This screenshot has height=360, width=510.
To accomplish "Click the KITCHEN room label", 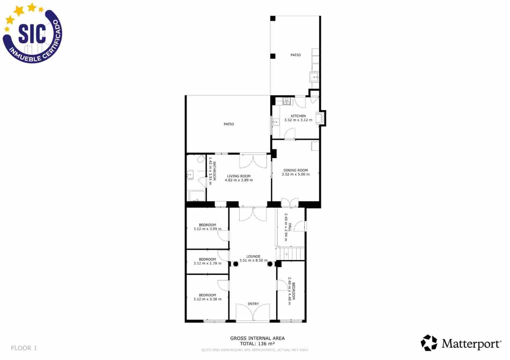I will click(x=298, y=116).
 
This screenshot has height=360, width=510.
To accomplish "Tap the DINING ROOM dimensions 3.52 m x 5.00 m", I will click(x=295, y=174).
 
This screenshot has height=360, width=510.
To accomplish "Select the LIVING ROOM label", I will click(x=239, y=176).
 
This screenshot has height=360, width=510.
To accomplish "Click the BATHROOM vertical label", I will click(x=215, y=171).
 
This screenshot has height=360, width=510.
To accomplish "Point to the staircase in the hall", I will click(x=290, y=254).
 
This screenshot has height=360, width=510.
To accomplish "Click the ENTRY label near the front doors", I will click(x=253, y=304).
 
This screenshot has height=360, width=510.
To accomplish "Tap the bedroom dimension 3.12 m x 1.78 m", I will click(x=207, y=263).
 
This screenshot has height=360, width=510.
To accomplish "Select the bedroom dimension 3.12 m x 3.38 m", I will click(x=207, y=299).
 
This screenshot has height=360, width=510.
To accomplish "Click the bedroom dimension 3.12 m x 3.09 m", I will click(x=207, y=229).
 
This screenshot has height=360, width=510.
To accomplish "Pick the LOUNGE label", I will click(x=253, y=256).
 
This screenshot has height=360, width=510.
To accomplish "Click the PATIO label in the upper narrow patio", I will click(x=295, y=55).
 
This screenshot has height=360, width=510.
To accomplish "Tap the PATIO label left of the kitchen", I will click(x=229, y=124).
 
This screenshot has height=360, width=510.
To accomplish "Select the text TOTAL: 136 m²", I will click(x=257, y=343).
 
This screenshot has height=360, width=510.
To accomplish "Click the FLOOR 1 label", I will click(x=24, y=348).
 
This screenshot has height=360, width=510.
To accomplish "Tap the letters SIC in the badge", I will click(x=32, y=33).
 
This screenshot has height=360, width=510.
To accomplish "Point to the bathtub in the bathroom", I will click(x=197, y=196).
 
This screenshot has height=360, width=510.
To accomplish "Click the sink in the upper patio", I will click(x=314, y=77).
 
